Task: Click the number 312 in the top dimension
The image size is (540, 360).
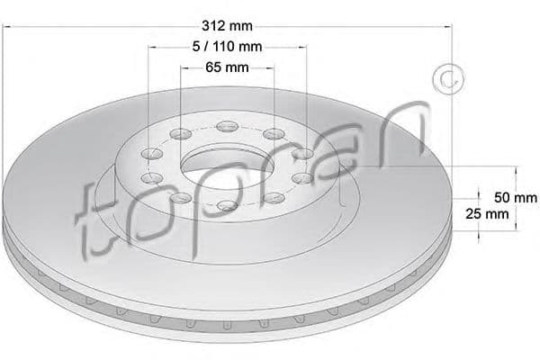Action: click(214, 26)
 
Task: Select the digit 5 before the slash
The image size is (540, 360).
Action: click(196, 46)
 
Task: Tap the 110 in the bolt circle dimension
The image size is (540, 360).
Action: click(223, 46)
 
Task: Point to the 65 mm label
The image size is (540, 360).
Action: click(227, 67)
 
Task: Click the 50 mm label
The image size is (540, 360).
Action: click(516, 198)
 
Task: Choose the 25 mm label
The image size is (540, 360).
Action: click(487, 214)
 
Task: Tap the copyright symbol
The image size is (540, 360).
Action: click(448, 79)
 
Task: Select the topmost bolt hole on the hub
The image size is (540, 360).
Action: click(228, 126)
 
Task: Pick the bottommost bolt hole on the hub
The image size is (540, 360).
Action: click(228, 206)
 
